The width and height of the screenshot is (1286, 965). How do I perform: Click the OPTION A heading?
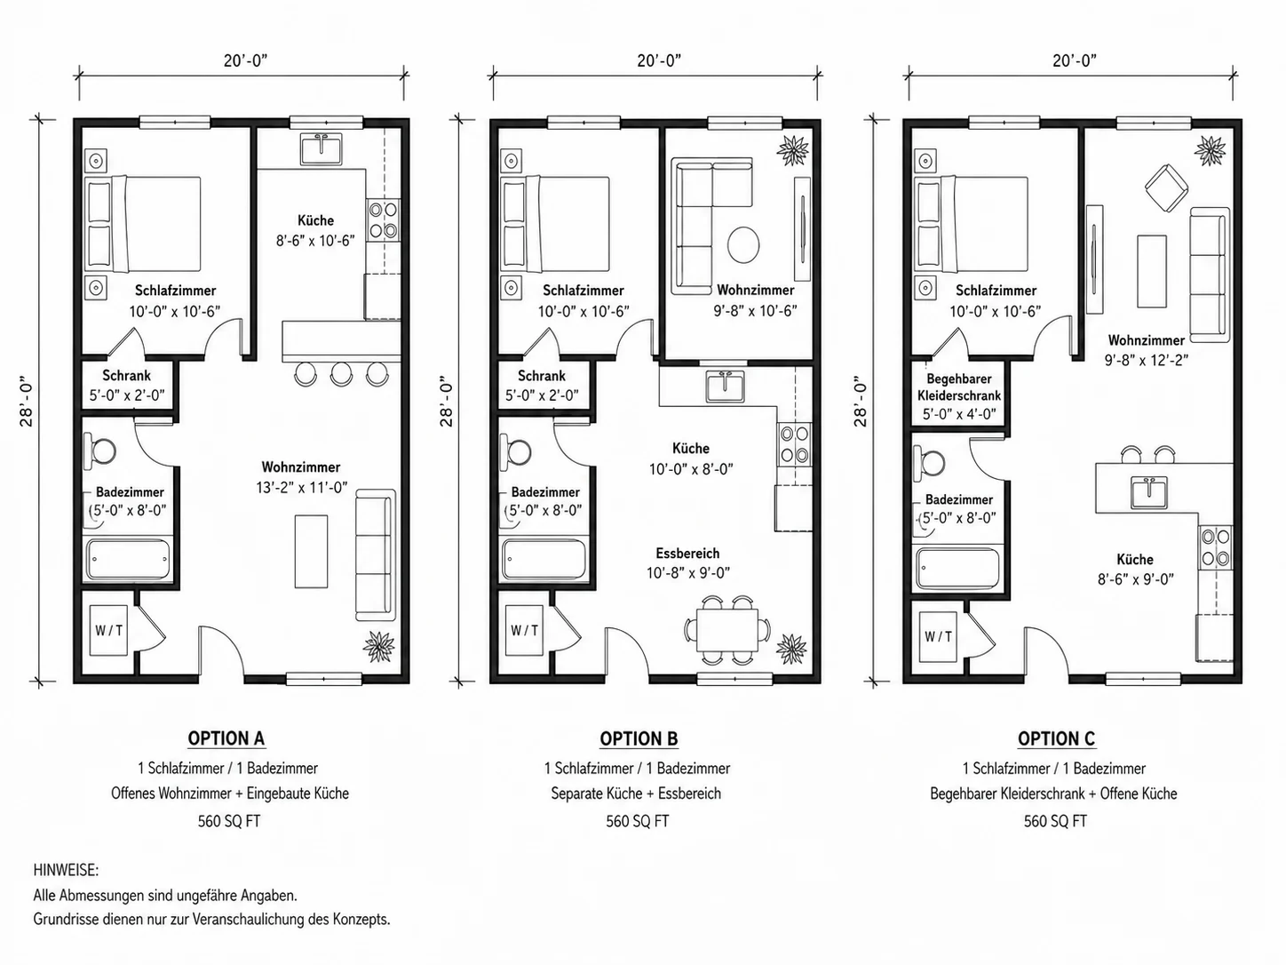click(x=226, y=738)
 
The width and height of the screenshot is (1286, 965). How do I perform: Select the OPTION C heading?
click(x=1056, y=738)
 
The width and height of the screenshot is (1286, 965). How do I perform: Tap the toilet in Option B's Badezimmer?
click(x=515, y=451)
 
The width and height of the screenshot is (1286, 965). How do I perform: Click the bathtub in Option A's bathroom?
click(x=128, y=560)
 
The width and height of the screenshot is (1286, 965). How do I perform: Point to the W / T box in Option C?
click(x=938, y=637)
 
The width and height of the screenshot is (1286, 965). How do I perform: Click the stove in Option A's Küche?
click(x=384, y=220)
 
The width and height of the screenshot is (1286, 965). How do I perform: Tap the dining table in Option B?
click(x=726, y=630)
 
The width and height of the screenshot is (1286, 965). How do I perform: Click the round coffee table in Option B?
click(x=743, y=245)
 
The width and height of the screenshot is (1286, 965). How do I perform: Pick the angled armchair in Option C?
click(x=1166, y=187)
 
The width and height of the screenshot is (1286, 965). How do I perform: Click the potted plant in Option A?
click(x=378, y=646)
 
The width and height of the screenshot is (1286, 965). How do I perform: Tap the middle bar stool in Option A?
click(x=341, y=373)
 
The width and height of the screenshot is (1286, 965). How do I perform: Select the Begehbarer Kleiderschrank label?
click(x=959, y=387)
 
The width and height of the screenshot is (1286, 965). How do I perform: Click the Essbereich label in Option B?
click(x=687, y=553)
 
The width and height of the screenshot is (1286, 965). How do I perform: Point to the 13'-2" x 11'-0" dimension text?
click(x=301, y=488)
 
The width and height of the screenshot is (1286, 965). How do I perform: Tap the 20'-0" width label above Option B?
click(x=659, y=60)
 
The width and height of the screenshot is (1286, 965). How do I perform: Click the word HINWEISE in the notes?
click(x=66, y=870)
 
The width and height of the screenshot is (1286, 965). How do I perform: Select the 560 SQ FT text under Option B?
click(x=638, y=821)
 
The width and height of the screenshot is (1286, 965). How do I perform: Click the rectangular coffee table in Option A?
click(x=311, y=551)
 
